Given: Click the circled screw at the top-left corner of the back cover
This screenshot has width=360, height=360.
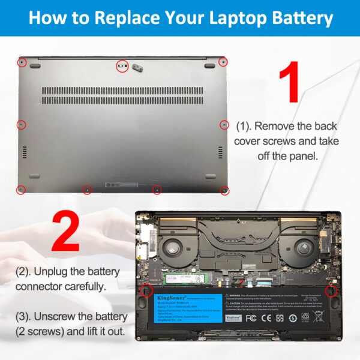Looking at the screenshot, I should click(22, 62).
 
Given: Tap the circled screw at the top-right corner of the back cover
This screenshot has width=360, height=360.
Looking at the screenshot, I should click(223, 62).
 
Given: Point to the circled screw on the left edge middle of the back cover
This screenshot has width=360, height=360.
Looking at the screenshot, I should click(21, 125).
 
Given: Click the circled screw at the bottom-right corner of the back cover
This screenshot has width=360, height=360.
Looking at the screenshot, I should click(224, 190).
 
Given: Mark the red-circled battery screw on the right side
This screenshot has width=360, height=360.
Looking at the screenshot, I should click(329, 291).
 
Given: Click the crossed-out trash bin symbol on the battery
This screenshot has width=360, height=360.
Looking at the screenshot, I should click(305, 316).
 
